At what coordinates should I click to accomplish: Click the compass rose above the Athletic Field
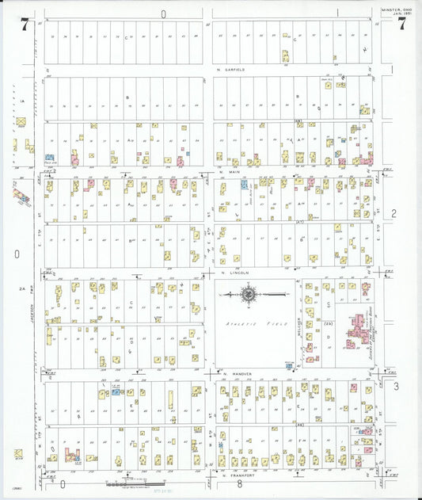(x=249, y=296)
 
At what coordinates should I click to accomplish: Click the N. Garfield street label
(x=230, y=70)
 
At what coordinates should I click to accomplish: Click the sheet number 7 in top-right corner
(x=402, y=23)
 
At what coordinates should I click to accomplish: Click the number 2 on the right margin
(x=393, y=214)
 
